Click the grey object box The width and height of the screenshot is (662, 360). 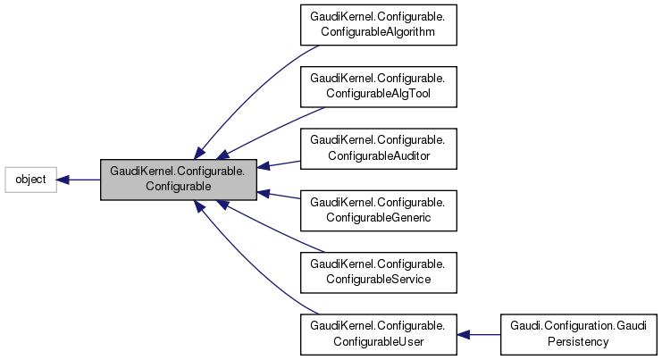[x=30, y=180]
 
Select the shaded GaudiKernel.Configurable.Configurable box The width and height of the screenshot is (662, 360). [x=179, y=180]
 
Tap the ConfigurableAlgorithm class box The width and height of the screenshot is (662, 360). [x=379, y=26]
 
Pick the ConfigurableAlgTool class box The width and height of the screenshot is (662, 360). [x=379, y=88]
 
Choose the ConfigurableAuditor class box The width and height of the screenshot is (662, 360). [x=379, y=149]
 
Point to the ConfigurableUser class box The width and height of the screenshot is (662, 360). [x=379, y=334]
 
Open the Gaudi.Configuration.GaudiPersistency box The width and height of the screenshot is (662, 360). [x=578, y=334]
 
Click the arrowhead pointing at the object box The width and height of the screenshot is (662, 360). [x=63, y=180]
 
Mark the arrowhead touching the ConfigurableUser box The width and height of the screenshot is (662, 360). [x=464, y=334]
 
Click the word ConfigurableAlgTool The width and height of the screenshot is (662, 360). [x=379, y=94]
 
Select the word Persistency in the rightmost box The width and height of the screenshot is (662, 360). [x=578, y=340]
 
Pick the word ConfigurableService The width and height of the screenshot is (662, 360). [x=379, y=279]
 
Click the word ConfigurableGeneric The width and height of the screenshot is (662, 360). [x=379, y=217]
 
